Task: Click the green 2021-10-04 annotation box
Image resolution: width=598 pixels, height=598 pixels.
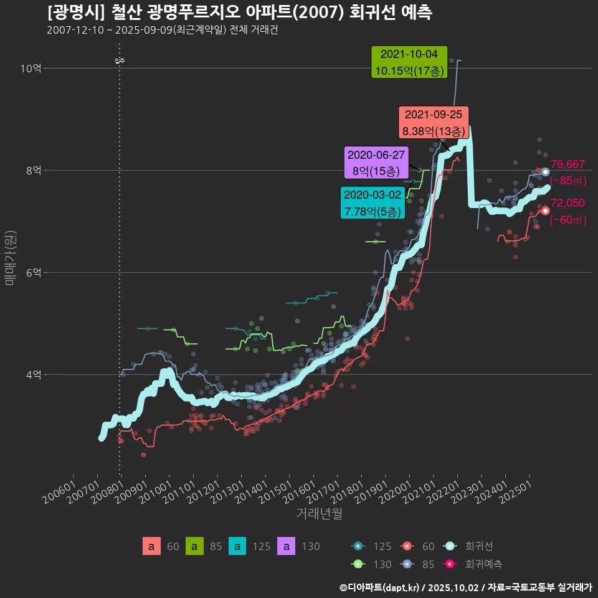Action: (409, 62)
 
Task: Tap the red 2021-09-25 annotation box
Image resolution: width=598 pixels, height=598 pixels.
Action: (434, 123)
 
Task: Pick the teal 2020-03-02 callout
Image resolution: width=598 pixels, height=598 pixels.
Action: (373, 203)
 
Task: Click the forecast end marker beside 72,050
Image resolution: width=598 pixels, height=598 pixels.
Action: (546, 211)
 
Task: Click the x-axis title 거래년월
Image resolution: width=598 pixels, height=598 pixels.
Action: (319, 514)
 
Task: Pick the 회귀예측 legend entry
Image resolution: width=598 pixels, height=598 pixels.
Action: (483, 564)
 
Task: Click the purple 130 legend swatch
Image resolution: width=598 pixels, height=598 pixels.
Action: (286, 546)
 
